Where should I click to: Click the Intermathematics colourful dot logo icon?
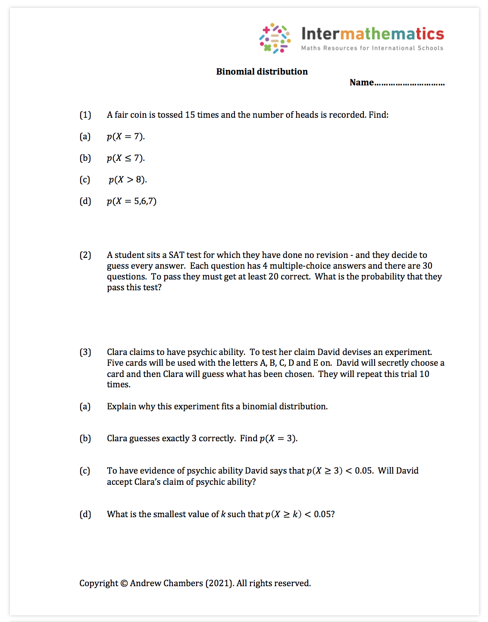(x=275, y=38)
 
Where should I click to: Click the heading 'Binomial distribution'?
(x=262, y=72)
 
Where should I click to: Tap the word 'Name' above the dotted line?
(x=361, y=82)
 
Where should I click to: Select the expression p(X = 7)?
(x=125, y=137)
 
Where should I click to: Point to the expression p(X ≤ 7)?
(x=125, y=158)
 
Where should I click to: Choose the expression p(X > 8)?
(x=128, y=180)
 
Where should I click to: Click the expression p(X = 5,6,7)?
(x=131, y=201)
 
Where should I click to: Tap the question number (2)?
(x=85, y=255)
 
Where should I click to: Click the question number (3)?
(x=85, y=352)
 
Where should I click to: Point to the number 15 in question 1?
(x=190, y=115)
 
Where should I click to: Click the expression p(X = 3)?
(x=278, y=439)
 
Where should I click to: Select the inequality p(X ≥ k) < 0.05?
(x=300, y=514)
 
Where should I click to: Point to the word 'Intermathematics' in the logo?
(x=372, y=34)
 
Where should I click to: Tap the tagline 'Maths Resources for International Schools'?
(x=372, y=48)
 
